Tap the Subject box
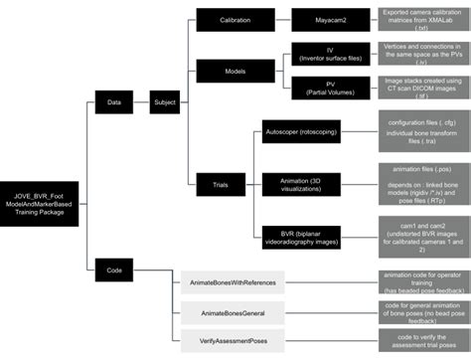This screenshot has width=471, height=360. (x=166, y=101)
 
